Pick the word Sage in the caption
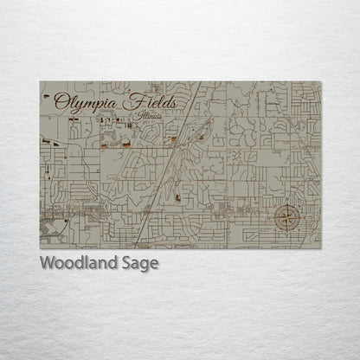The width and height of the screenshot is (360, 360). [141, 264]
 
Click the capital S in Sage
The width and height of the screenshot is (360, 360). [128, 263]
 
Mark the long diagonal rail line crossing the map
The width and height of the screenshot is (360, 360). [170, 164]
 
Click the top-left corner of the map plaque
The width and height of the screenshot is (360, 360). [41, 82]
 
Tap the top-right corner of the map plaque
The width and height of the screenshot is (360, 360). [320, 82]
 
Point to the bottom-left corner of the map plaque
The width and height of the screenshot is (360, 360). [41, 248]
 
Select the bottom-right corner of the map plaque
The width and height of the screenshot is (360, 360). [320, 248]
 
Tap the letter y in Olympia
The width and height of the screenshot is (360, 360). [78, 105]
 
